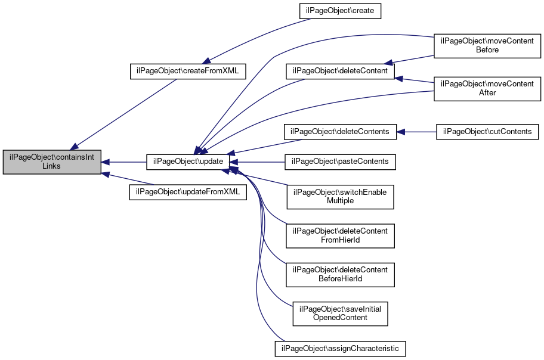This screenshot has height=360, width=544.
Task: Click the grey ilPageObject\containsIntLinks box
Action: point(52,162)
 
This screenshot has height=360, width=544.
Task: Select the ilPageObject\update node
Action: point(188,162)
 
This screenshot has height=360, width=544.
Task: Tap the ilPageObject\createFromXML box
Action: point(188,71)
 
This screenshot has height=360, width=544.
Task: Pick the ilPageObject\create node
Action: point(340,11)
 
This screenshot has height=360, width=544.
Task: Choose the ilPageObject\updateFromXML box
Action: point(188,192)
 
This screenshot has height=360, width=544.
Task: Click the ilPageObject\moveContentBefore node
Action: point(487,46)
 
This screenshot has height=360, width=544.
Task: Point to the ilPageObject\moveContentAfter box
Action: point(487,89)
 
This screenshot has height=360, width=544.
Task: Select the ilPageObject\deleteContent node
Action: point(340,71)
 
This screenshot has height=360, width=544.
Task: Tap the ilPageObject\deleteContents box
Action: point(340,132)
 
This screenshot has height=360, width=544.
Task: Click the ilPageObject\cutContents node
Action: point(487,132)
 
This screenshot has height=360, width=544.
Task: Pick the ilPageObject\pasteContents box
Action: point(340,162)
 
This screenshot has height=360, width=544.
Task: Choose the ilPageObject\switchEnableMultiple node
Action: point(340,197)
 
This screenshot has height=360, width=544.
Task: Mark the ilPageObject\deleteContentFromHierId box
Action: point(340,236)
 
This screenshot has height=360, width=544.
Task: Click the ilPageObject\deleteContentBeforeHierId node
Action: point(340,275)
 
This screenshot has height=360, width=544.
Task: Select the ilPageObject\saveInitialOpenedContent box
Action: point(340,314)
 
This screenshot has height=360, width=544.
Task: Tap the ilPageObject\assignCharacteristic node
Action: point(340,349)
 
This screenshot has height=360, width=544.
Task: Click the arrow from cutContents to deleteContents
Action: point(416,132)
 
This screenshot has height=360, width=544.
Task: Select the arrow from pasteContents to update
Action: point(256,162)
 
